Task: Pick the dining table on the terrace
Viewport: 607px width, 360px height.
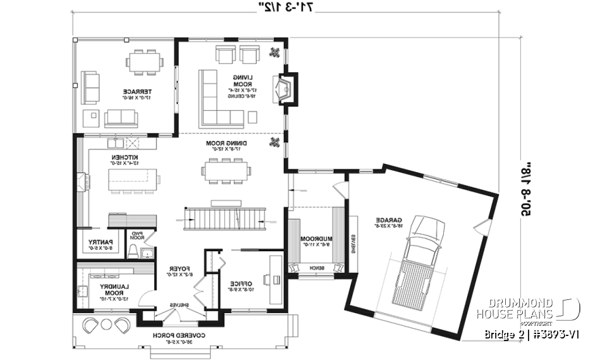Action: point(144,62)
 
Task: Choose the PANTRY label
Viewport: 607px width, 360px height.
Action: point(101,244)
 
